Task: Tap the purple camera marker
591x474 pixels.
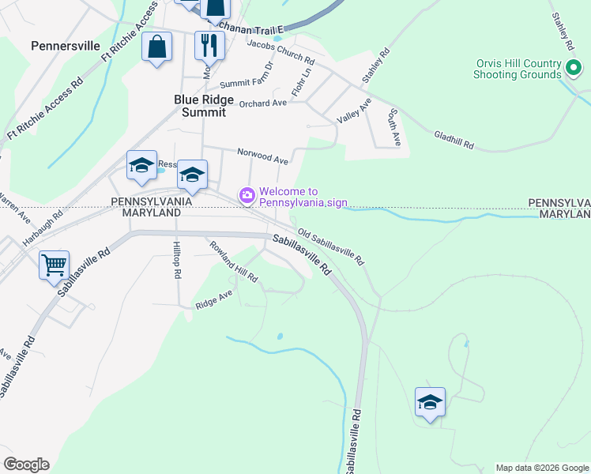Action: click(x=247, y=194)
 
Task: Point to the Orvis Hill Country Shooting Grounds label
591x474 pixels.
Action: click(x=518, y=69)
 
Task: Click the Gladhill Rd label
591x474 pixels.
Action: click(x=454, y=141)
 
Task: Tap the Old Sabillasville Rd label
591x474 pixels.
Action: click(x=331, y=246)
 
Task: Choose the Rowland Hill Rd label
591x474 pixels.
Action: click(x=233, y=262)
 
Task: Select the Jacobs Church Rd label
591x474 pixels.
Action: click(x=281, y=55)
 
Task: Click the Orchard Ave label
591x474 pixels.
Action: click(x=262, y=103)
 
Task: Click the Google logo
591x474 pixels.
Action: click(x=26, y=465)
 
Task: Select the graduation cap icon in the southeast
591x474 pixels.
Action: click(x=430, y=402)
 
